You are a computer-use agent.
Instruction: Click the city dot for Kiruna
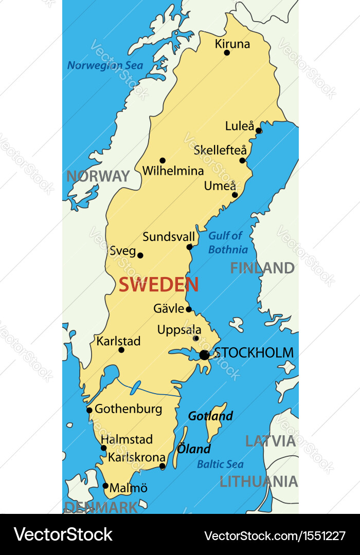(x=227, y=52)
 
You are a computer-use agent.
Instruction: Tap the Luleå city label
(x=240, y=126)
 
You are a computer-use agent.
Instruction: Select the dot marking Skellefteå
(x=242, y=160)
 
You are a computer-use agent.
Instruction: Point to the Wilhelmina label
(x=173, y=171)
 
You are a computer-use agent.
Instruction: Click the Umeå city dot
(x=235, y=195)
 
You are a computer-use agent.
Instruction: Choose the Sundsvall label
(x=169, y=237)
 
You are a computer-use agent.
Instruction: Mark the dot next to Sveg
(x=140, y=255)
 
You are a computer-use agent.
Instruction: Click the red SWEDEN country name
(x=158, y=285)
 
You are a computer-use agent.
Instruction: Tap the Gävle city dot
(x=189, y=309)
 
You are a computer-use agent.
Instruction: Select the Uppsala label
(x=179, y=330)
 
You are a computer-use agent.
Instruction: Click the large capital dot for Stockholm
(x=204, y=355)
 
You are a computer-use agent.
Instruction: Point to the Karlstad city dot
(x=121, y=350)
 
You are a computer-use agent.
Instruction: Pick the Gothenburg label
(x=128, y=409)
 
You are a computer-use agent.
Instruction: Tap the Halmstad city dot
(x=103, y=448)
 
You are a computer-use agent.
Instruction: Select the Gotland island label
(x=210, y=416)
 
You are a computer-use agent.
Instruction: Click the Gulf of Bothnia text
(x=227, y=243)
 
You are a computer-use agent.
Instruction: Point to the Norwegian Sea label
(x=105, y=66)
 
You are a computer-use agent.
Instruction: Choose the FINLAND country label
(x=262, y=268)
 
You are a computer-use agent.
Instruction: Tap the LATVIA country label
(x=271, y=441)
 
